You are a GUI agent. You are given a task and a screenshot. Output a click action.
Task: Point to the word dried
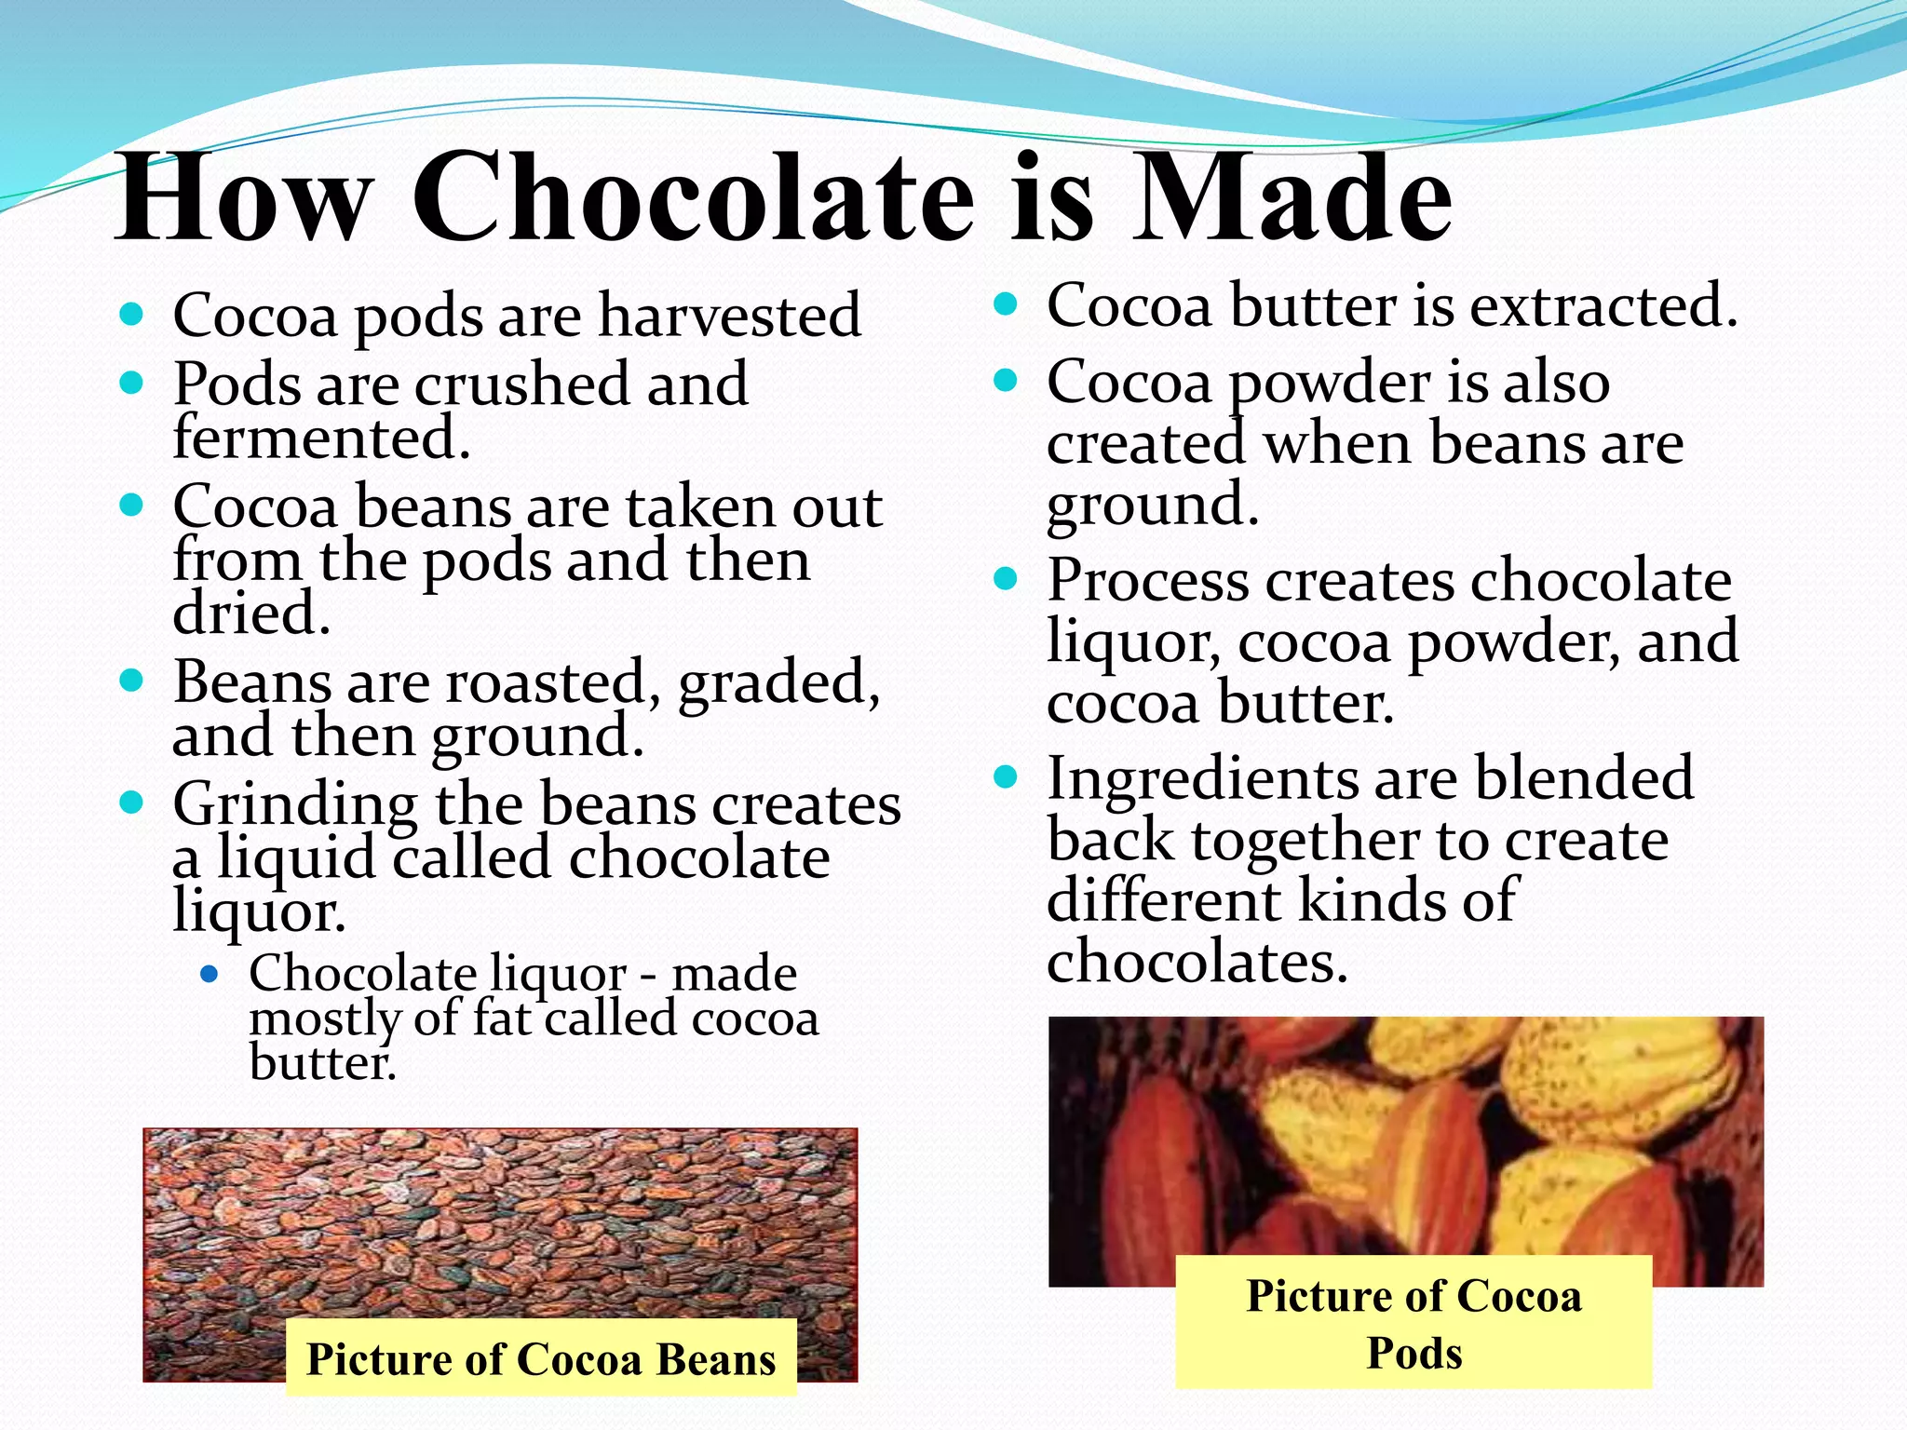pos(251,614)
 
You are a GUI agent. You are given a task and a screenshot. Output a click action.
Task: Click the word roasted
pos(545,681)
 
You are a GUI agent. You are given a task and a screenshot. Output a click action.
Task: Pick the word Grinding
pos(295,804)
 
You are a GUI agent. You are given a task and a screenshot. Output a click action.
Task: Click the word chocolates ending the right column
pos(1197,961)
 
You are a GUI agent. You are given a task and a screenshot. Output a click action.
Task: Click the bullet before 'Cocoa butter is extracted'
pos(1005,304)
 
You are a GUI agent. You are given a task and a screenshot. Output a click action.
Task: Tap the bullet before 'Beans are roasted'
pos(131,680)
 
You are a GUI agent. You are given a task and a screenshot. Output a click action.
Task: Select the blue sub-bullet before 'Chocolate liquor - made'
pos(210,975)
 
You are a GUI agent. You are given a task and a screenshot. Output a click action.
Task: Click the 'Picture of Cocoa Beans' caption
pos(541,1358)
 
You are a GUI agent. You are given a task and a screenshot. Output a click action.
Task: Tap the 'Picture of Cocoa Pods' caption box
pos(1413,1323)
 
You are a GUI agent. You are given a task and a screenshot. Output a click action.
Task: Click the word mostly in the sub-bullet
pos(324,1019)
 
